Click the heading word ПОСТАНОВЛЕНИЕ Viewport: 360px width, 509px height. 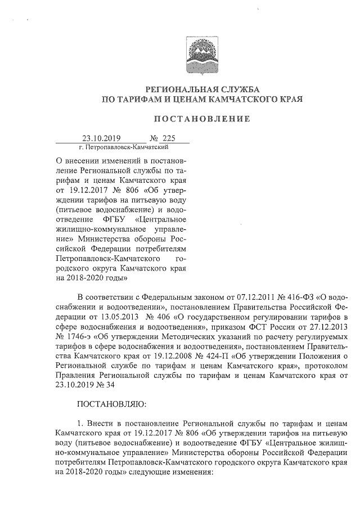(202, 120)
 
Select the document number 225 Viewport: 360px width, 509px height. (169, 138)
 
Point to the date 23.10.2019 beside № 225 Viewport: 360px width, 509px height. (102, 138)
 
